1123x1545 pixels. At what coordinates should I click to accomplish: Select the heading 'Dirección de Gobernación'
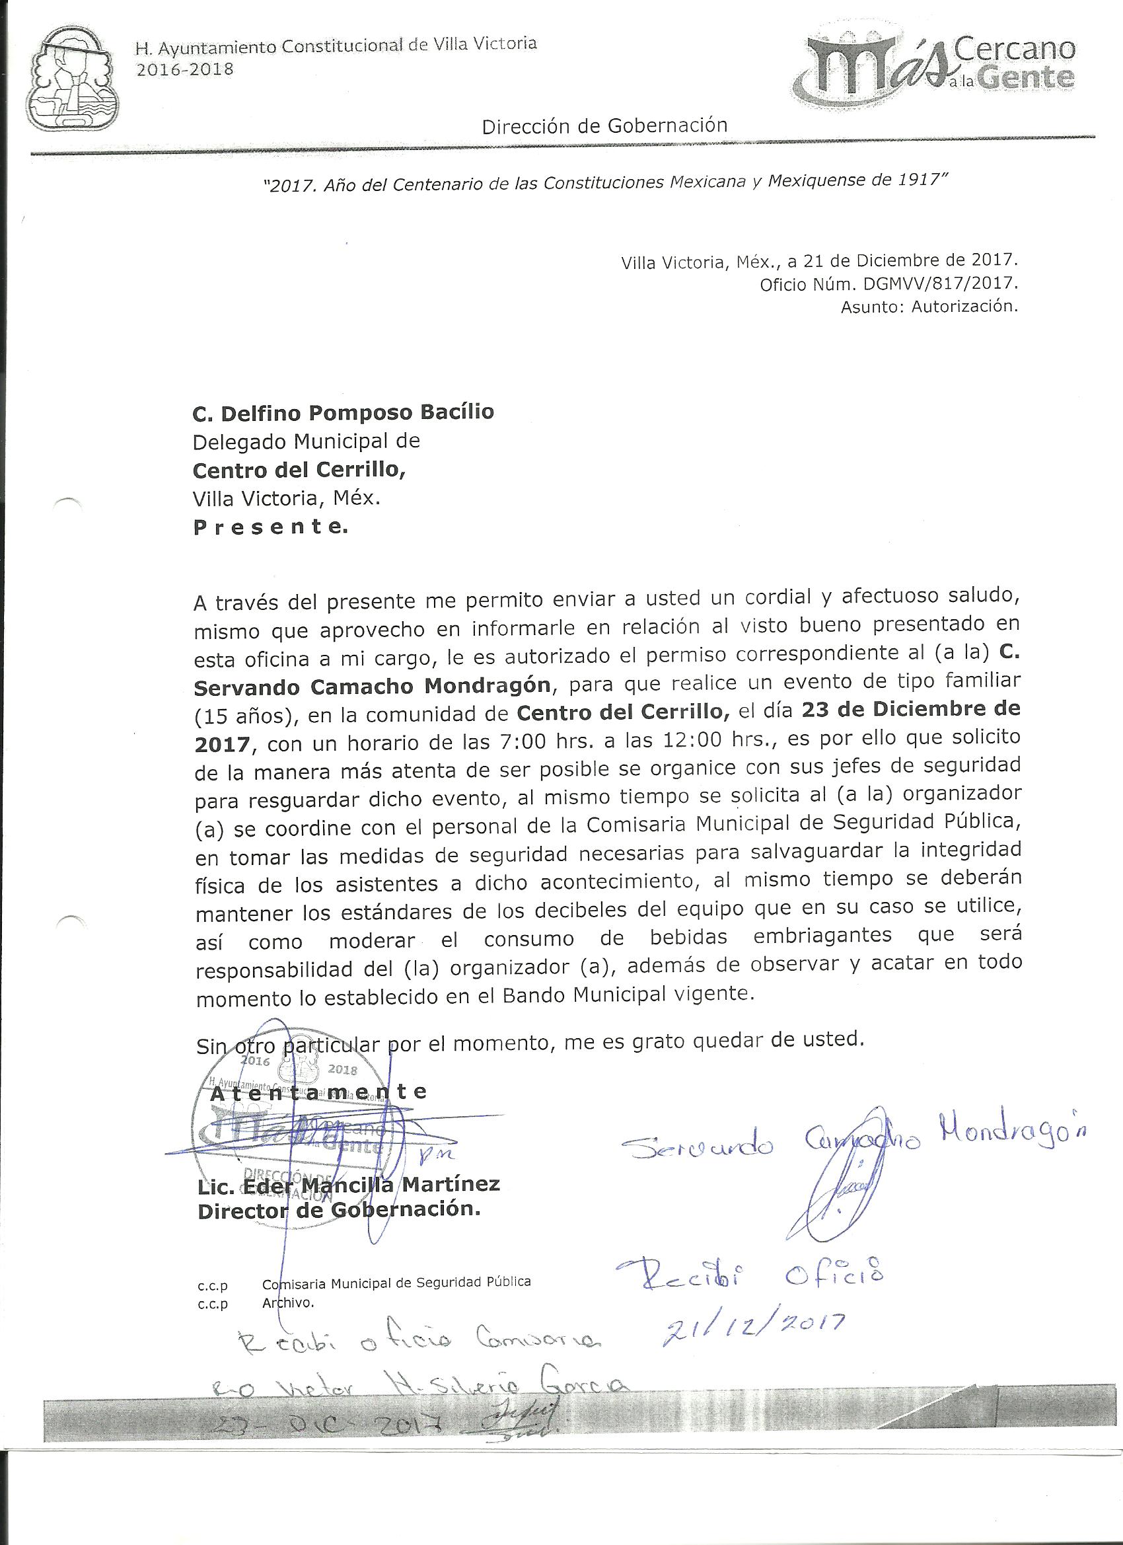pyautogui.click(x=604, y=126)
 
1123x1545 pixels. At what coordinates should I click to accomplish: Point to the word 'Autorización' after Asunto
pyautogui.click(x=964, y=307)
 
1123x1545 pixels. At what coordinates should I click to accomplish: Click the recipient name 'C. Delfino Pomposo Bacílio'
pyautogui.click(x=344, y=412)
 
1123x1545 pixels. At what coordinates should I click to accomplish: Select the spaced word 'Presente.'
pyautogui.click(x=270, y=527)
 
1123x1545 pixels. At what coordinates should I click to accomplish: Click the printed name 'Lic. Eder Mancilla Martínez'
pyautogui.click(x=348, y=1184)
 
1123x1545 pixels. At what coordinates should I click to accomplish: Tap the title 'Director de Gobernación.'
pyautogui.click(x=338, y=1210)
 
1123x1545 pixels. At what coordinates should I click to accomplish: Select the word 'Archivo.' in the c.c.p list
pyautogui.click(x=287, y=1302)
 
